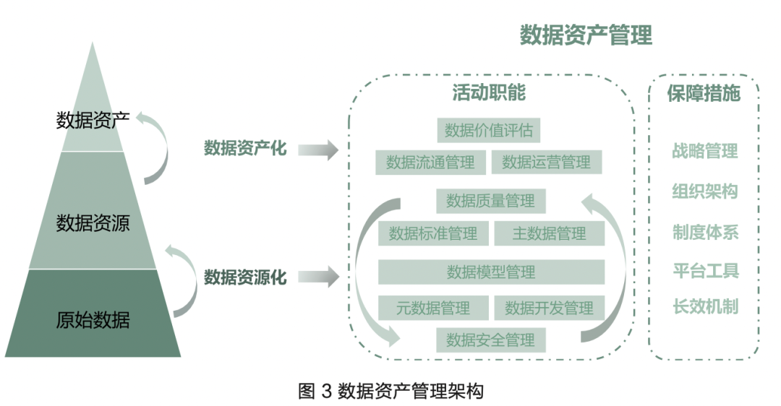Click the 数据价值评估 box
(x=488, y=130)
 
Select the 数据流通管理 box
(x=430, y=163)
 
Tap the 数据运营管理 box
(x=547, y=163)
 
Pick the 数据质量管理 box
(x=490, y=201)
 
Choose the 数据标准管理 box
(x=433, y=233)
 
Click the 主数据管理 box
(x=549, y=233)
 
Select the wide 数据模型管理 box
(x=491, y=272)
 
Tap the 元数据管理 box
(x=433, y=308)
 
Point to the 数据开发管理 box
(x=549, y=308)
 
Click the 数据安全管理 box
(x=490, y=340)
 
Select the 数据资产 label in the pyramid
(x=93, y=121)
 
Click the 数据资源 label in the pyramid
(x=93, y=223)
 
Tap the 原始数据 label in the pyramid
(x=93, y=320)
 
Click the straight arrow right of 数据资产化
(x=318, y=150)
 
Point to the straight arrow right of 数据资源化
(x=318, y=277)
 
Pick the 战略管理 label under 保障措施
(x=704, y=150)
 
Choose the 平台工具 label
(x=705, y=271)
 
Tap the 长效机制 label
(x=705, y=306)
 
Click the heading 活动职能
(x=489, y=92)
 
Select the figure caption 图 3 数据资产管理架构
(x=391, y=391)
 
